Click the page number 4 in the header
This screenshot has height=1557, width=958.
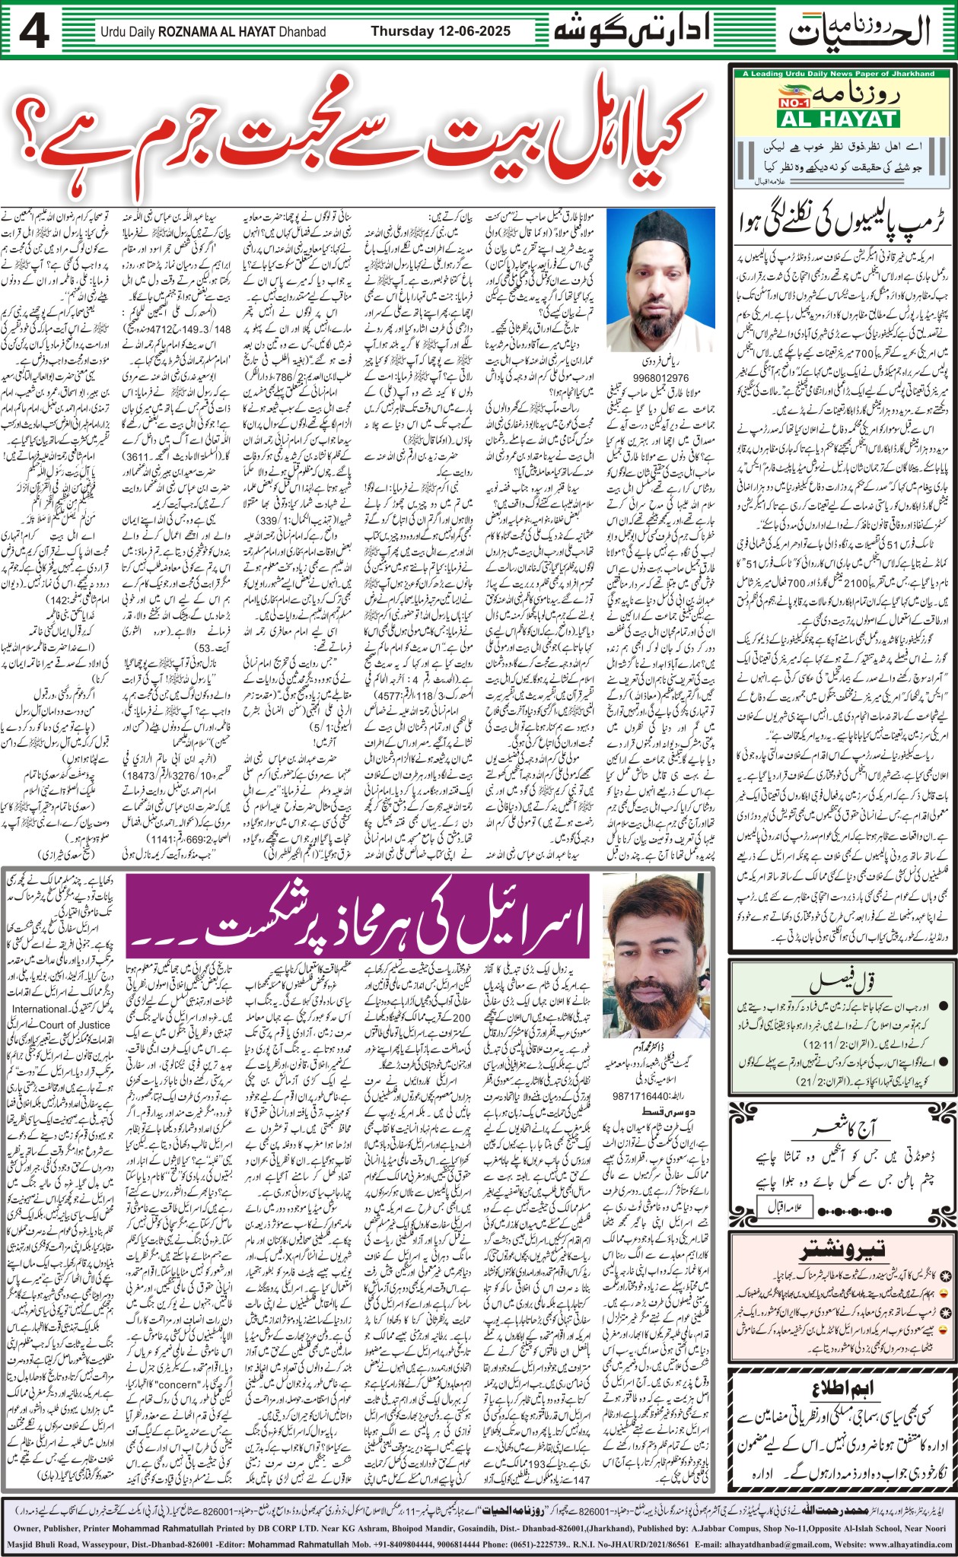35,33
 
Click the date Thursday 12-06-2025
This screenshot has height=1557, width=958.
441,31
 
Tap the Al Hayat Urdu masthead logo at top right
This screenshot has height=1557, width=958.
860,30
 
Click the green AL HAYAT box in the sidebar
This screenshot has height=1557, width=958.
838,119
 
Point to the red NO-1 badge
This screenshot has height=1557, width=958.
797,100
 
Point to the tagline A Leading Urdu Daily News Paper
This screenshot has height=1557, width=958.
839,74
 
